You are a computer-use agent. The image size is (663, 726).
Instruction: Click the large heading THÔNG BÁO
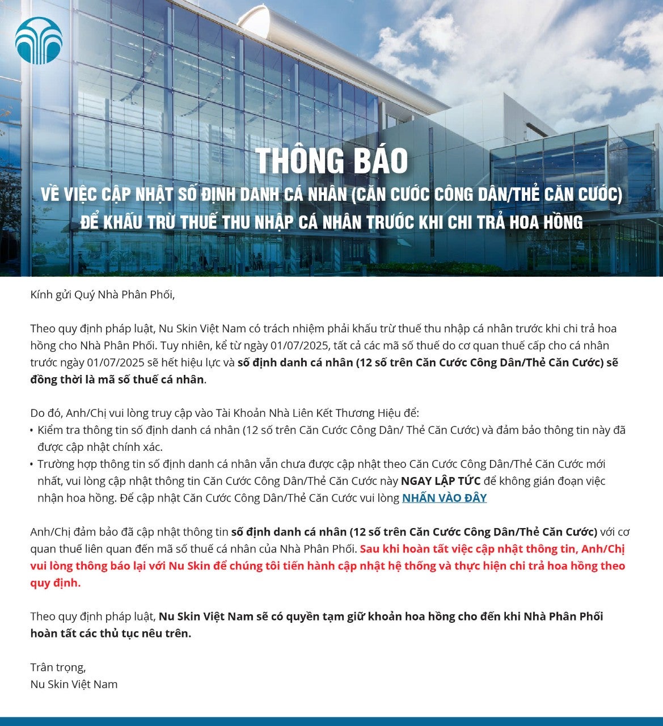point(331,161)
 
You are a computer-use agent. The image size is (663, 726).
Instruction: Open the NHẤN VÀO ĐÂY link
point(444,498)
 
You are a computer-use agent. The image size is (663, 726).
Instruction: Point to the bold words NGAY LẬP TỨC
point(441,481)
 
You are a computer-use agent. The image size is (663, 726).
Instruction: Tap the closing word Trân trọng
point(58,667)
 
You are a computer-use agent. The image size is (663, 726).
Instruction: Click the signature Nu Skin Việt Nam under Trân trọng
point(74,684)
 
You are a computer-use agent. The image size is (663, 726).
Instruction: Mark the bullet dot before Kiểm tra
point(32,430)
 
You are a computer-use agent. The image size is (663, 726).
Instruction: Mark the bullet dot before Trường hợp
point(32,465)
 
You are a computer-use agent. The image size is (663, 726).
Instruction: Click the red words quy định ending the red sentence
point(54,583)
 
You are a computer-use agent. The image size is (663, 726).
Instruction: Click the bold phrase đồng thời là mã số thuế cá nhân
point(117,379)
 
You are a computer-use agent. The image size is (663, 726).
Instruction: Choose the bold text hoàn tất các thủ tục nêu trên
point(110,633)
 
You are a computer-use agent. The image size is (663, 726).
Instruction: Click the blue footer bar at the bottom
point(331,721)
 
